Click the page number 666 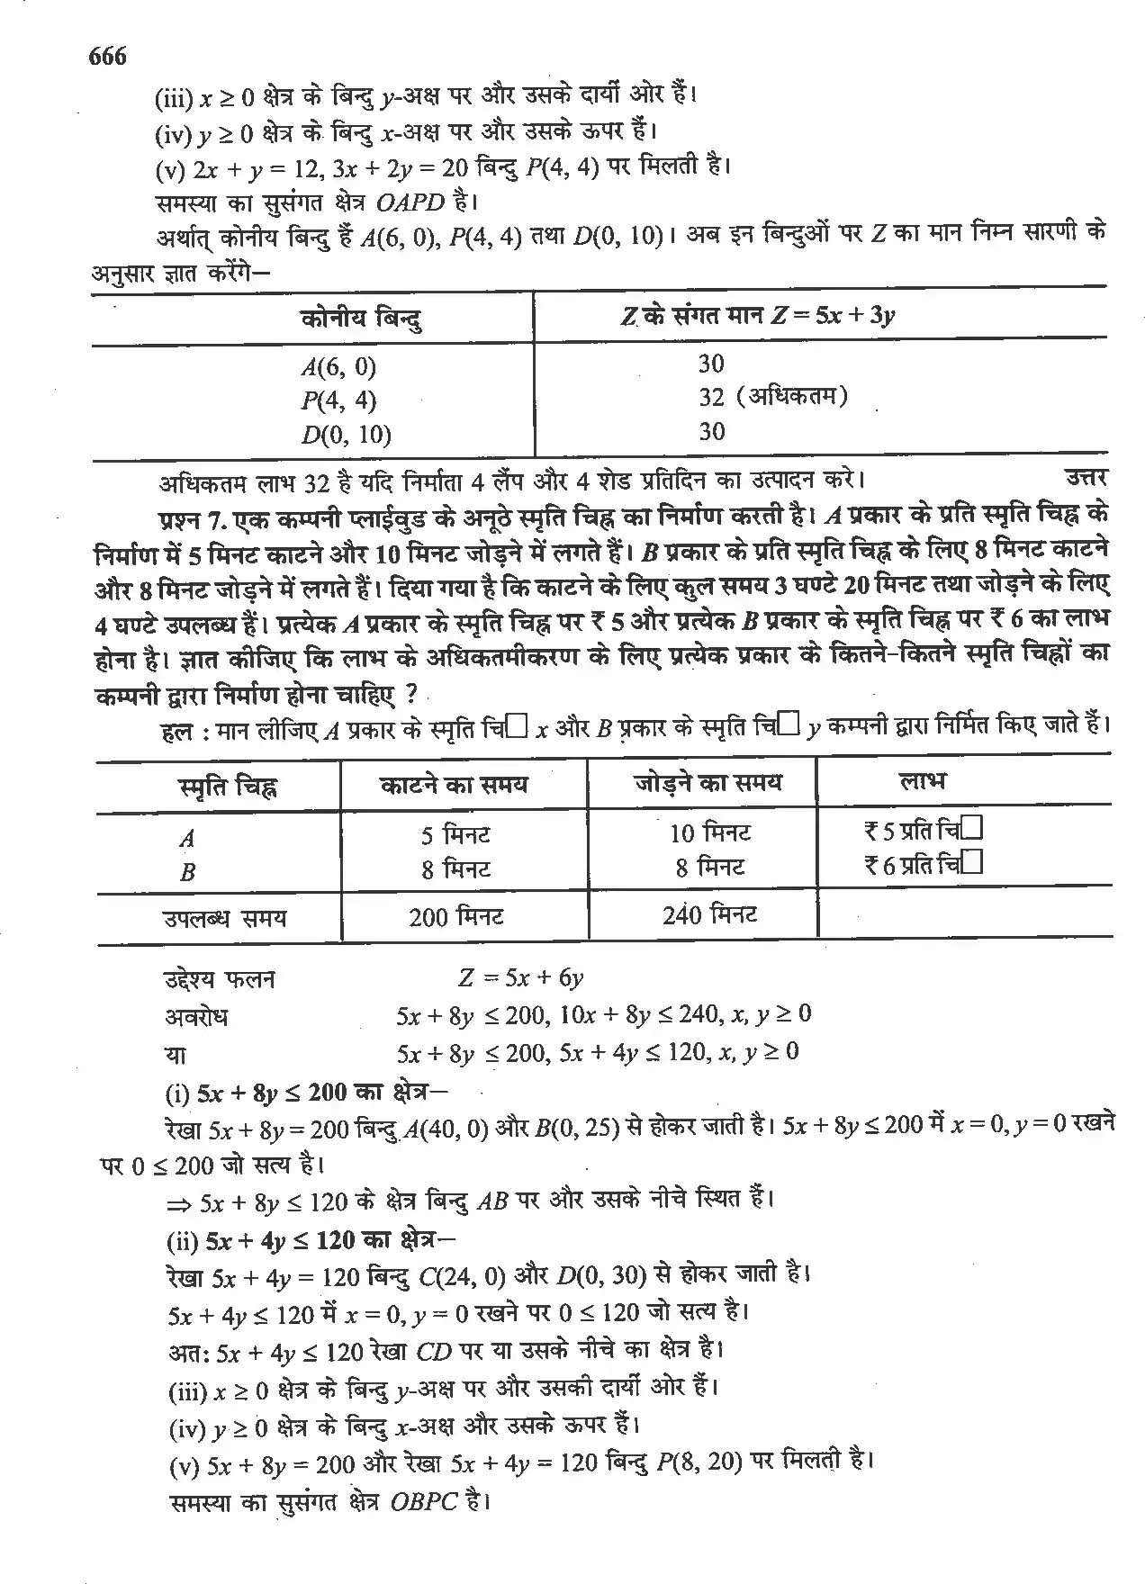point(107,57)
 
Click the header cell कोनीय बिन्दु point(361,317)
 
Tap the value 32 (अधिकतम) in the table point(772,397)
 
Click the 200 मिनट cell point(455,917)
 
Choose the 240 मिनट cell point(709,915)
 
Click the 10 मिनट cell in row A point(709,832)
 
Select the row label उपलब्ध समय point(224,918)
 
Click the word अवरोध point(195,1016)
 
